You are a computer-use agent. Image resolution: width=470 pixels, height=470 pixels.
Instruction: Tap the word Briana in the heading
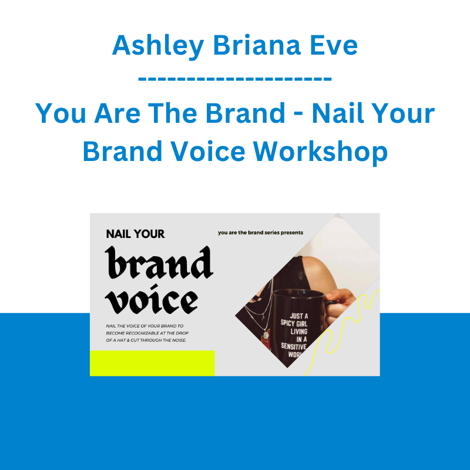pos(257,45)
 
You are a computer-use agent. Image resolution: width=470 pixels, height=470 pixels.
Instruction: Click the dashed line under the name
pos(234,79)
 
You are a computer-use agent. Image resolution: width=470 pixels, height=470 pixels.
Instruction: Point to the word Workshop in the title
pos(320,152)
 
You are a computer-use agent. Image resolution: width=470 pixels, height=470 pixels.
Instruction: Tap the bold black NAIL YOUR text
pos(135,234)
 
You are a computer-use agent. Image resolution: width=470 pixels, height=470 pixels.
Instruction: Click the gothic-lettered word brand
pos(159,262)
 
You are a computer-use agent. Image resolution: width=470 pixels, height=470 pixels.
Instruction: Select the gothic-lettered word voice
pos(152,299)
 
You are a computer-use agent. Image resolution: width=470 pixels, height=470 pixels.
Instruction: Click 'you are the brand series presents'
pos(260,233)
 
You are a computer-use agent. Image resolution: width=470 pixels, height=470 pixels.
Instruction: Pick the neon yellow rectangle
pos(152,363)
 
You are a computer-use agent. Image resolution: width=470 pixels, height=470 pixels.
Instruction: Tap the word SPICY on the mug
pos(288,323)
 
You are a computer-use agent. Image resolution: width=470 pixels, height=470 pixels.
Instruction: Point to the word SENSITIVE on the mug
pos(293,347)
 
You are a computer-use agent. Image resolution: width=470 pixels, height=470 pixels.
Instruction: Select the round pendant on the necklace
pos(266,335)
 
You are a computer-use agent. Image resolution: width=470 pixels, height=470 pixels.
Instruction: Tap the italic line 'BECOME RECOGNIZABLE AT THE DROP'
pos(147,333)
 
